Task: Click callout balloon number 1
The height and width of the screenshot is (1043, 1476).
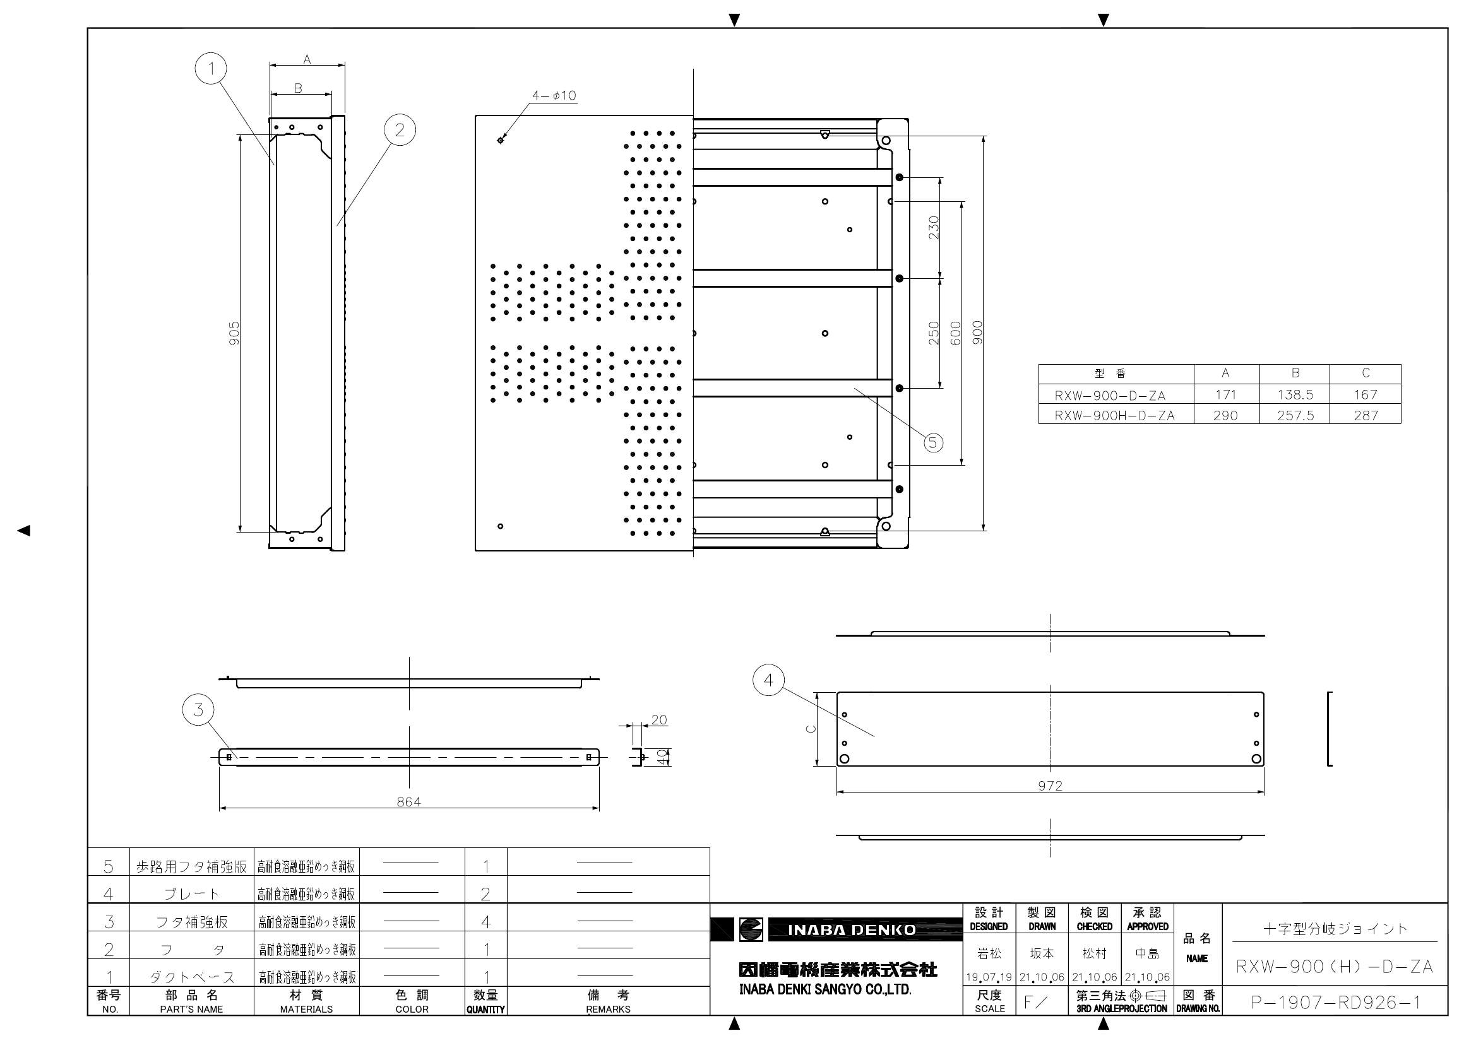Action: [x=211, y=68]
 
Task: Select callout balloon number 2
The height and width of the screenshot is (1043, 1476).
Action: [x=400, y=130]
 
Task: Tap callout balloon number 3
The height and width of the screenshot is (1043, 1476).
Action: [x=198, y=709]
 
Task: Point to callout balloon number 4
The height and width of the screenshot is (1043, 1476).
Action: [x=769, y=680]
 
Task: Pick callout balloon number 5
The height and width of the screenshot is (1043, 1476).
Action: [x=934, y=442]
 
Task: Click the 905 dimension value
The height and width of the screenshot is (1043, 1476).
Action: [x=235, y=333]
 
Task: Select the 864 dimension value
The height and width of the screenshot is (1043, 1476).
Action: [x=409, y=801]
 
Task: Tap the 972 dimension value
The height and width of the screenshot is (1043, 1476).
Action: [x=1050, y=786]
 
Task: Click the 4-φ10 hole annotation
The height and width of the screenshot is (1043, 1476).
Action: [x=554, y=96]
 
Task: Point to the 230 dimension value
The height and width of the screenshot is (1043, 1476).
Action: [x=934, y=228]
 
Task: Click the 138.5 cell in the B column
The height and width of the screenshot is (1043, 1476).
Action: [x=1295, y=394]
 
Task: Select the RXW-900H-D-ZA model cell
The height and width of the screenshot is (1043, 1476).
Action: [x=1115, y=415]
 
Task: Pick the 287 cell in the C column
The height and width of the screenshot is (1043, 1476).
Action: [x=1365, y=415]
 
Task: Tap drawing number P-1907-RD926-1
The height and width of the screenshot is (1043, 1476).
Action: [x=1335, y=1003]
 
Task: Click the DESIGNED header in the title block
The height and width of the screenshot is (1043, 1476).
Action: [x=989, y=926]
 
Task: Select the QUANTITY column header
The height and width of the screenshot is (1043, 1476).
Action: [x=485, y=1010]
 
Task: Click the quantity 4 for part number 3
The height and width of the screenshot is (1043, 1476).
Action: [x=485, y=922]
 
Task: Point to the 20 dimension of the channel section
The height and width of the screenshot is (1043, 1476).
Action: [x=659, y=720]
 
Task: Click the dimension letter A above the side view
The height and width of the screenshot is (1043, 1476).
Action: [x=307, y=59]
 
